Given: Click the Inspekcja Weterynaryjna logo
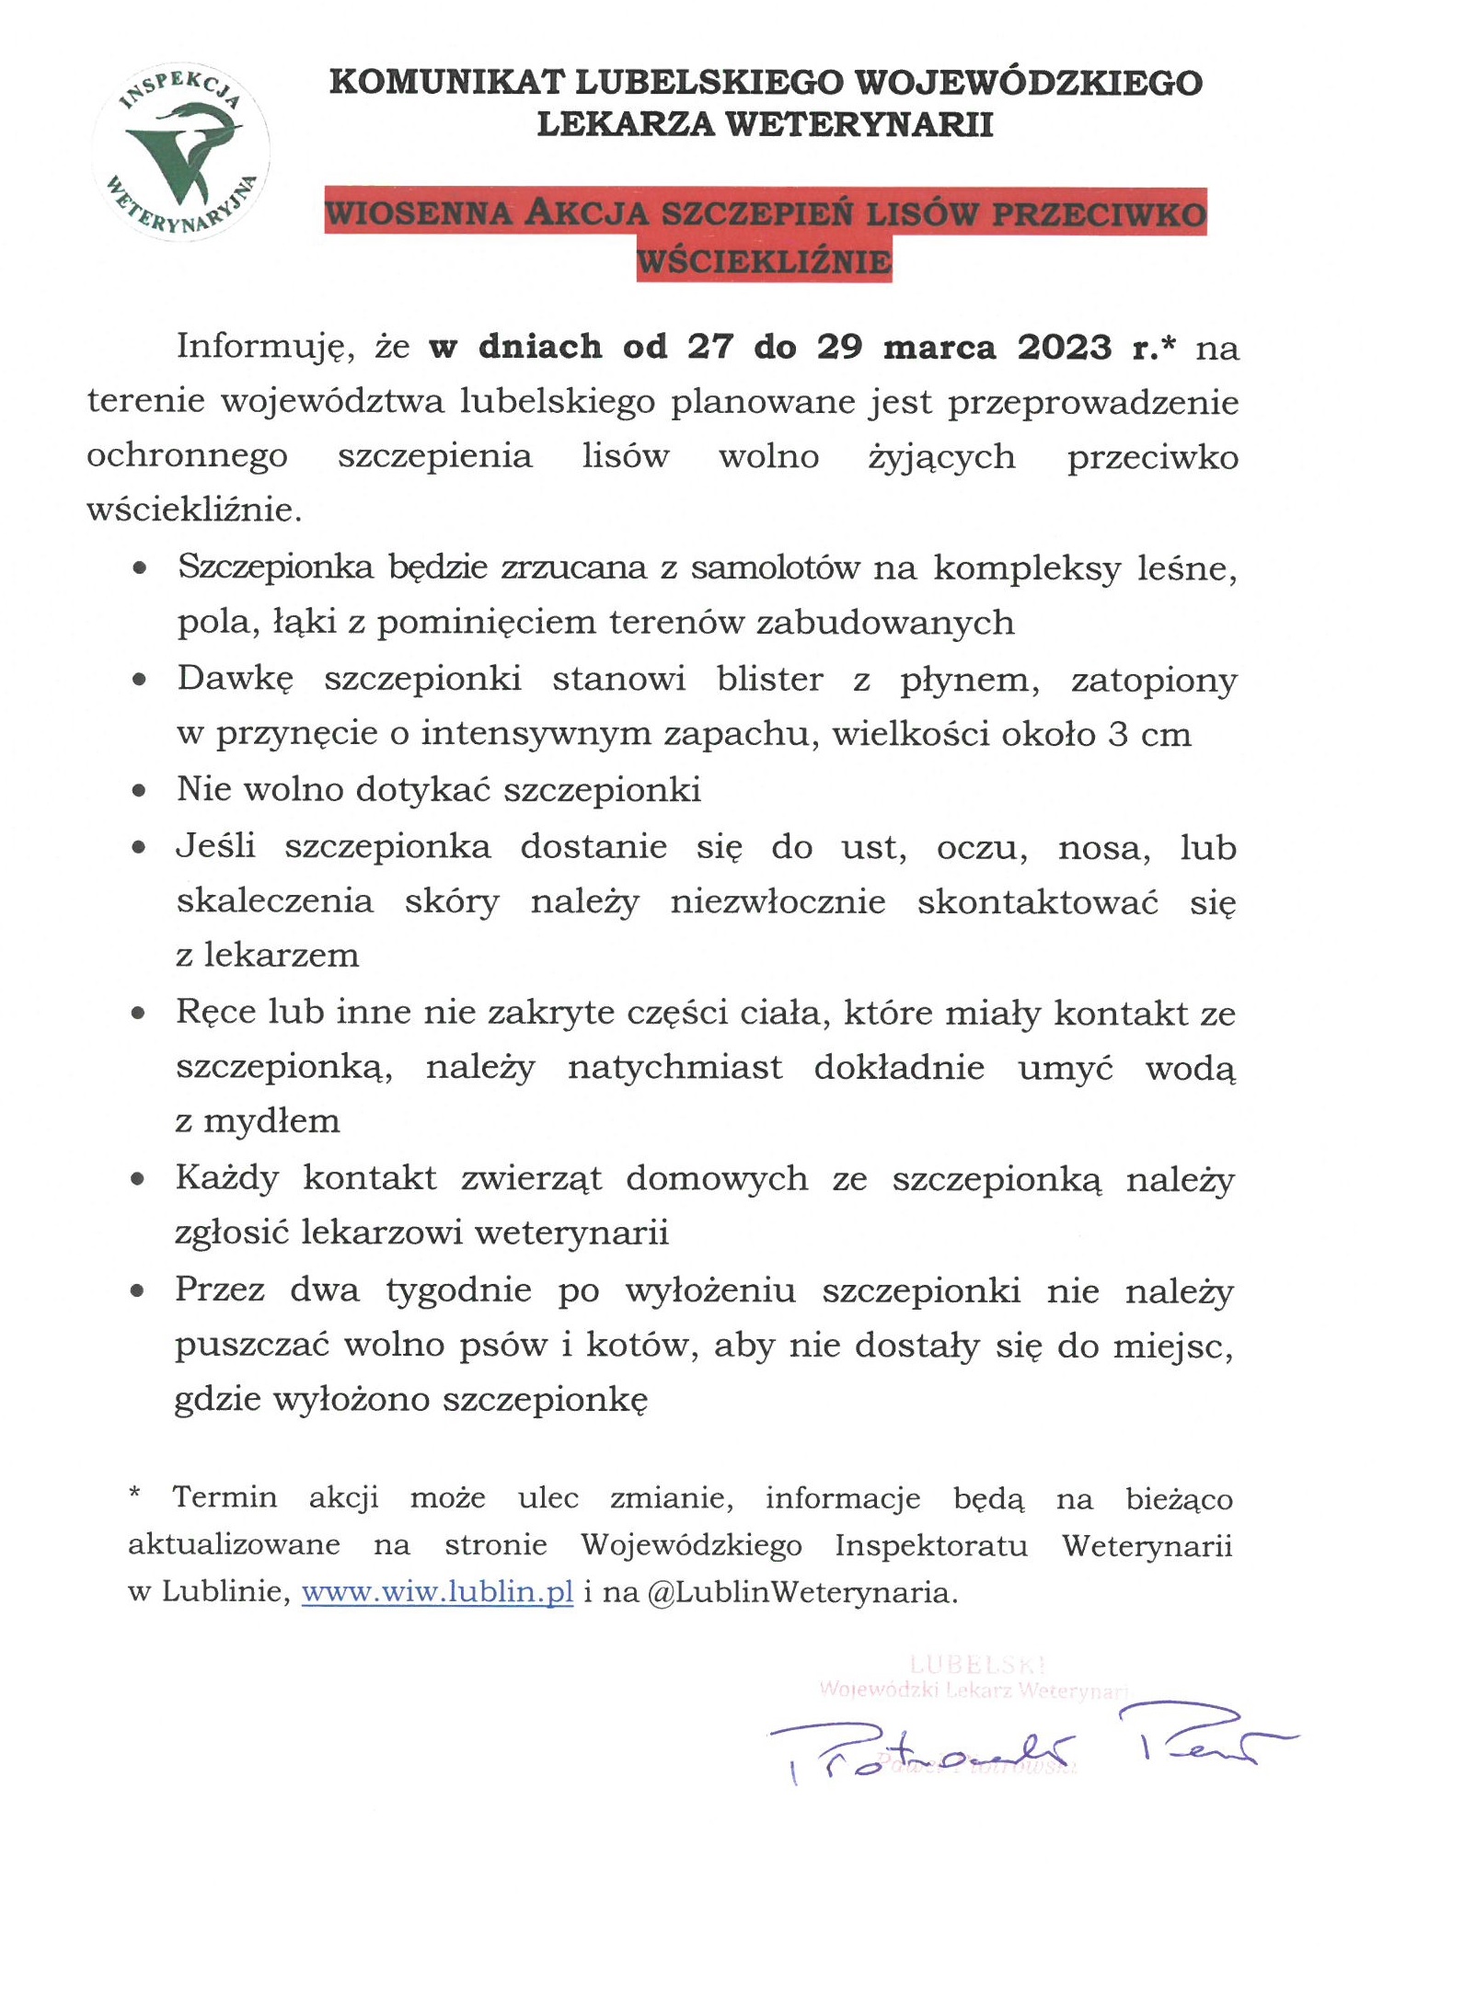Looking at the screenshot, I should point(180,153).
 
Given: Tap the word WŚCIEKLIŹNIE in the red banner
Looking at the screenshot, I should point(764,262).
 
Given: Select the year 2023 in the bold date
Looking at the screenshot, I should point(1064,348).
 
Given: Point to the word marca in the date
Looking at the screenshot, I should point(939,348).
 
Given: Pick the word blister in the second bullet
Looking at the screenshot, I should point(770,680).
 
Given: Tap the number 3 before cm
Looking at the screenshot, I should point(1118,735).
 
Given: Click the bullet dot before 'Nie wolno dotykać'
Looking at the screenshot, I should point(139,790).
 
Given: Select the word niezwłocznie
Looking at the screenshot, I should point(778,902).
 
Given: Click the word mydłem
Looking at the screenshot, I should point(271,1122).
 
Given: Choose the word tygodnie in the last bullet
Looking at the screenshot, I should point(458,1290).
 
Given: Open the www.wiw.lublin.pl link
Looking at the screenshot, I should point(437,1592).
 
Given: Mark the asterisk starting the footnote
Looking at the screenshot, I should point(135,1495).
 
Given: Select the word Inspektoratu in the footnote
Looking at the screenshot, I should point(931,1545).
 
